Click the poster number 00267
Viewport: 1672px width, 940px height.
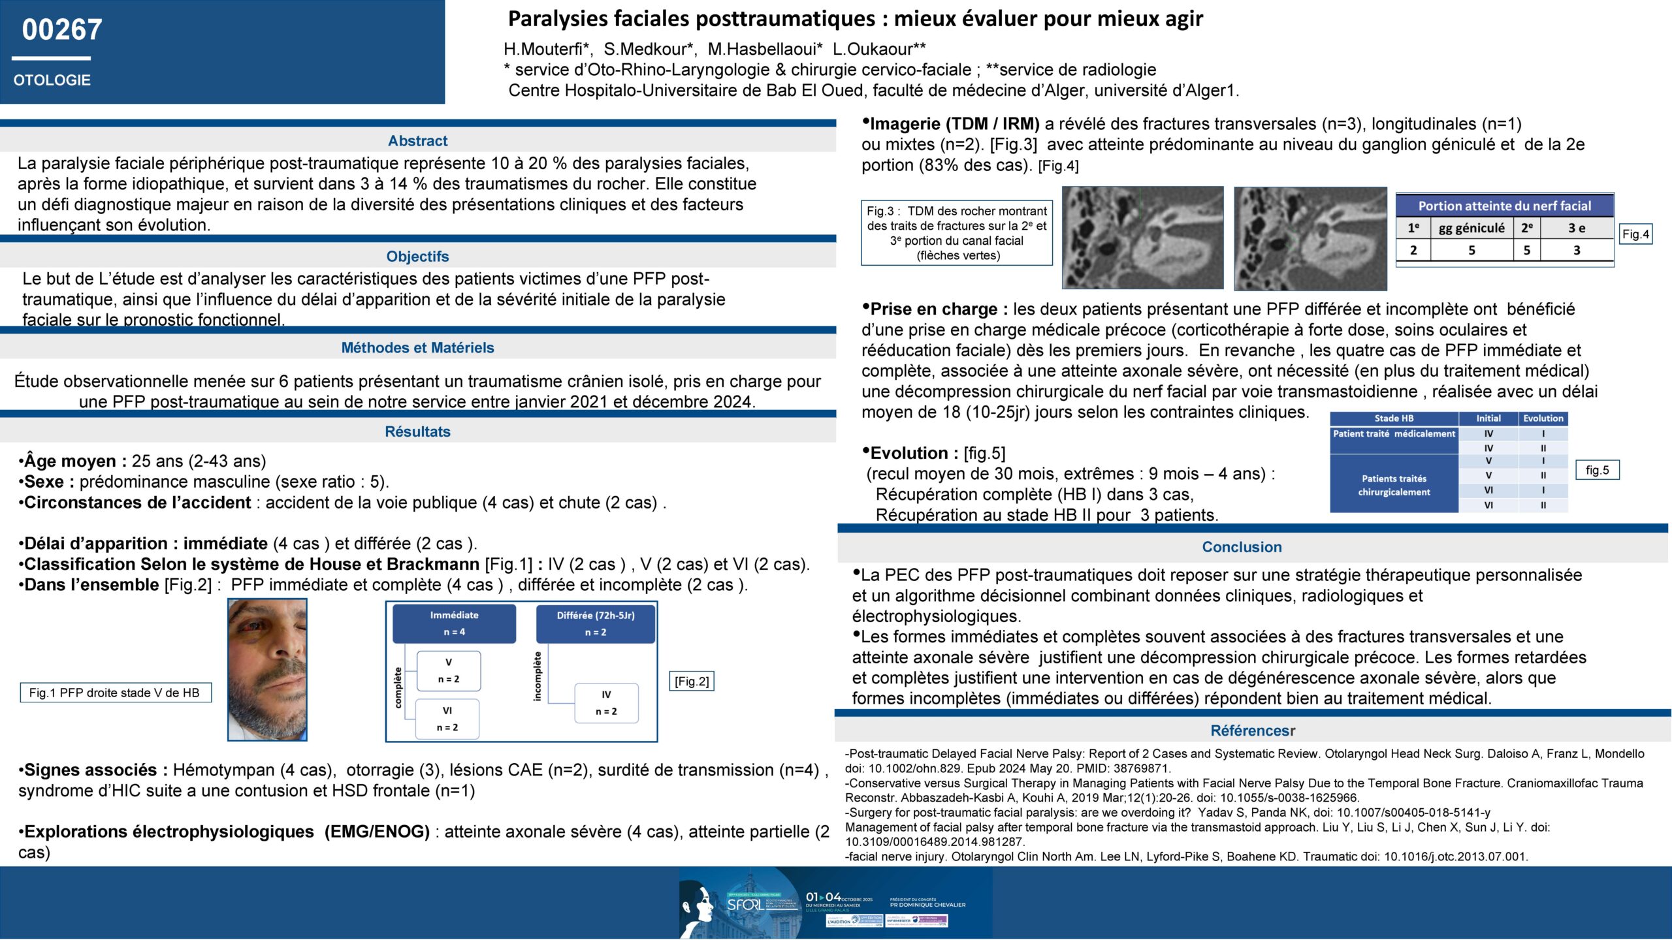click(62, 30)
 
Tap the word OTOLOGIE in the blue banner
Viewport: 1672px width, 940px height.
click(52, 80)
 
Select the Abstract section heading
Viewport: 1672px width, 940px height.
click(417, 141)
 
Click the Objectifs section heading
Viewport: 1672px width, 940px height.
click(417, 257)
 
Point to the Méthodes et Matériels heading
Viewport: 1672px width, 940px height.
click(417, 348)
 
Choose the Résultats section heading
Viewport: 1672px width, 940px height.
click(417, 431)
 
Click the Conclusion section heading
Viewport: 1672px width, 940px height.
click(1242, 547)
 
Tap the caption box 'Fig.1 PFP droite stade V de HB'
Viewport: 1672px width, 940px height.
click(115, 693)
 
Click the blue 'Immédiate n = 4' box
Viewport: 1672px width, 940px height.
click(454, 623)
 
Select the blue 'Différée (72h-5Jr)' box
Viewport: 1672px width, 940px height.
click(595, 623)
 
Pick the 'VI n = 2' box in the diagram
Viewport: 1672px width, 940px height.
click(447, 719)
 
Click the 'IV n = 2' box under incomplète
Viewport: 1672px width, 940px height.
click(606, 703)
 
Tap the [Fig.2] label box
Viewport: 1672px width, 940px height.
click(692, 681)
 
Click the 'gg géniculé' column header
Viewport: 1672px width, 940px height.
click(1471, 228)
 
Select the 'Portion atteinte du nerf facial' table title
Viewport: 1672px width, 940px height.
click(1504, 206)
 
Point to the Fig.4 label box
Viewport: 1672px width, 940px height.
click(1635, 234)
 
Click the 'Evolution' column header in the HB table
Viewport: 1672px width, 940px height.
click(1543, 418)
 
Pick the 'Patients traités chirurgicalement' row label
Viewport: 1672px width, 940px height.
click(1394, 485)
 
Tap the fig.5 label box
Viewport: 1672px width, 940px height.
click(1597, 470)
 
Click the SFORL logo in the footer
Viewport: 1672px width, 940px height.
click(745, 905)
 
